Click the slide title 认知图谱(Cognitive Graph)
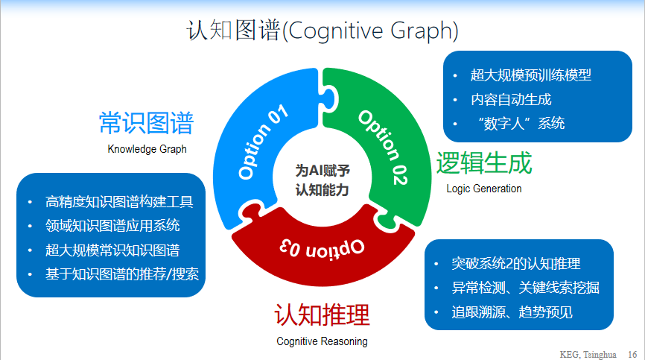coord(322,31)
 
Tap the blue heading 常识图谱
coord(147,123)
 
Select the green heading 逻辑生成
coord(484,162)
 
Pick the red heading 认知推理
coord(322,315)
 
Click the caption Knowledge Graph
coord(147,149)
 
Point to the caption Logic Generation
coord(484,189)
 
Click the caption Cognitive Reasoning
coord(322,341)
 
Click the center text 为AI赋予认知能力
coord(322,180)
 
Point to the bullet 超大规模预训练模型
coord(531,75)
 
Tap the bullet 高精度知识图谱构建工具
coord(119,201)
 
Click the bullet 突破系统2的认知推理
coord(515,264)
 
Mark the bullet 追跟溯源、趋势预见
coord(512,312)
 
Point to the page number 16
coord(632,353)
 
